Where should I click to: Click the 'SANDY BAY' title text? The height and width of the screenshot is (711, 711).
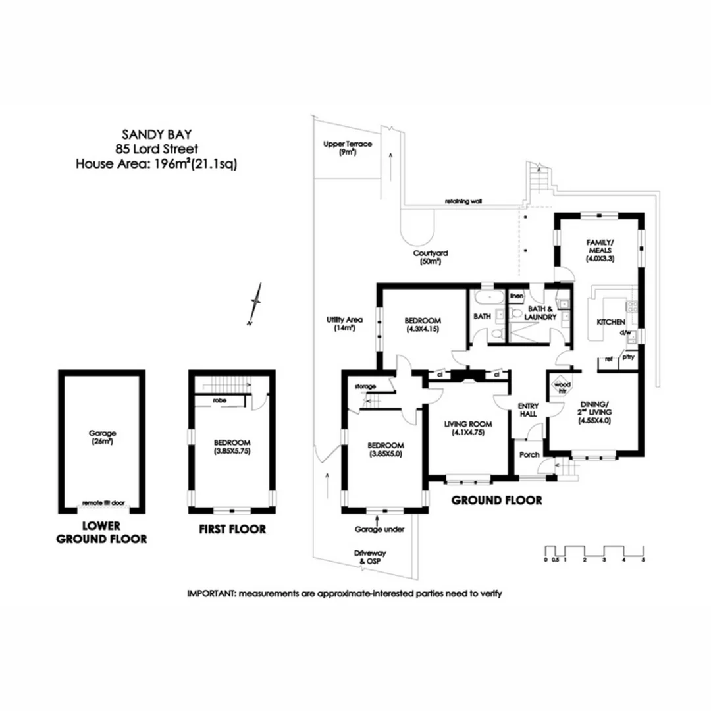(156, 134)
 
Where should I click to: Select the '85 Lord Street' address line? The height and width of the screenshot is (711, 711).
(156, 149)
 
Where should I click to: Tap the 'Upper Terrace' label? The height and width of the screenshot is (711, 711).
(348, 144)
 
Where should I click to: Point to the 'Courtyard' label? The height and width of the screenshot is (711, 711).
(431, 253)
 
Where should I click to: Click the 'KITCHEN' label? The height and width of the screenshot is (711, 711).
(610, 322)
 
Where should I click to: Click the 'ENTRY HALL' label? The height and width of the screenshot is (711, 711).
(529, 410)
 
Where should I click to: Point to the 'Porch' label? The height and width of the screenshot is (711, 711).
(530, 455)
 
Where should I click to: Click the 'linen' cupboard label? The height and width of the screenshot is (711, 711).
(517, 296)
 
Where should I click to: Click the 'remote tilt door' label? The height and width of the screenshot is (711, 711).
(103, 503)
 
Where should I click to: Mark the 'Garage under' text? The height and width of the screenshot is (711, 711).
(379, 529)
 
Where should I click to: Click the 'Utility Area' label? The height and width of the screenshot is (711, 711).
(345, 323)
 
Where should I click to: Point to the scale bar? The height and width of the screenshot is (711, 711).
(594, 552)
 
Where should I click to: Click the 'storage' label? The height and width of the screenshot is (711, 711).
(365, 386)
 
